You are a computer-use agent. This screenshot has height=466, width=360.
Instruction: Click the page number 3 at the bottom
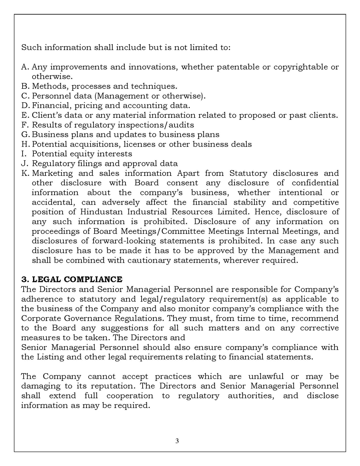coord(177,441)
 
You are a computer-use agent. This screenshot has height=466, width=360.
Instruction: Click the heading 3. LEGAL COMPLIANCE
coord(72,280)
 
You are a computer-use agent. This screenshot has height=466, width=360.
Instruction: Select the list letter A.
coord(25,67)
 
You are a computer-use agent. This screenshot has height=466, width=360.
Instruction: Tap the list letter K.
coord(25,173)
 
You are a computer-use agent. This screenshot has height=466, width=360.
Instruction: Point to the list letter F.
coord(24,125)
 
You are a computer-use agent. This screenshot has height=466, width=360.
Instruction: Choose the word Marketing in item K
coord(52,173)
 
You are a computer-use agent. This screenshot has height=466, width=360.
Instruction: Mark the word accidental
coord(52,203)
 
